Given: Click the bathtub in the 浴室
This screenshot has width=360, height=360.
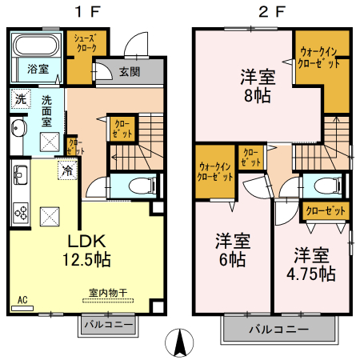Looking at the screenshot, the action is pos(35,45).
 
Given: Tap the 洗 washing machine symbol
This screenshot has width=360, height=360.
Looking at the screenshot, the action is pos(21,99).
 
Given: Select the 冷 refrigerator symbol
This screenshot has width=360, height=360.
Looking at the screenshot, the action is pos(68,170).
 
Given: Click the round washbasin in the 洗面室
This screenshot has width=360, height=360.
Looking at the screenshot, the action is pos(18,128).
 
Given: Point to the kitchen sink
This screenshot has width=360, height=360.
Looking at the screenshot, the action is pos(21,174).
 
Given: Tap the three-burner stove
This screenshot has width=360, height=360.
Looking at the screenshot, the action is pos(21,213).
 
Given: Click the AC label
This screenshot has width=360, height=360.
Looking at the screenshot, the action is pos(22,300).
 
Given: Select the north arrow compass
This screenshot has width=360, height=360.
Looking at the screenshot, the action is pos(179,343).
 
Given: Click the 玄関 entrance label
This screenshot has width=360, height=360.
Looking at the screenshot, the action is pos(130,72).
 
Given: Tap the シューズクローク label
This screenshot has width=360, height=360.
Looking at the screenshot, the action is pos(86,43).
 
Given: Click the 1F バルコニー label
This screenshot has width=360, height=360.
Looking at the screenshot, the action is pos(109,325).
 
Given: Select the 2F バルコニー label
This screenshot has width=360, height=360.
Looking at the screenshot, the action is pos(279,330).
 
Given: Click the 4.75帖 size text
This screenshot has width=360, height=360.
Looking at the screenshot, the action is pos(311,274).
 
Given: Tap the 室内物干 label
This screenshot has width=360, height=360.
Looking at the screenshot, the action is pos(108,293).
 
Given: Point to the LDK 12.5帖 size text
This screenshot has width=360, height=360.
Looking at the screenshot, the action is pos(86,250).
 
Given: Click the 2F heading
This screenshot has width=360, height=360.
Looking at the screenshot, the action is pos(272,12).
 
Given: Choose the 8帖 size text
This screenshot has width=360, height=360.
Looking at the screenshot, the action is pos(258,95).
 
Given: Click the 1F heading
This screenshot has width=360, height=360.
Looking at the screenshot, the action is pos(88,12).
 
